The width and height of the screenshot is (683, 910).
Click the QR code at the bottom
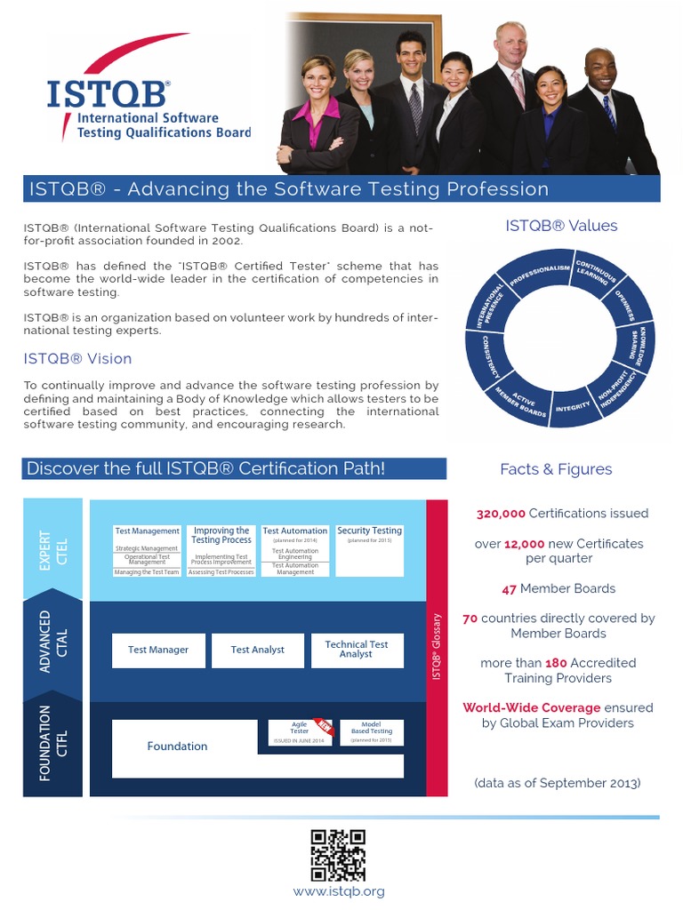pos(338,855)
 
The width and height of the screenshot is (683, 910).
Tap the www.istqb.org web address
pos(339,890)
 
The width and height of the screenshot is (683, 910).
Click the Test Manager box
pos(158,650)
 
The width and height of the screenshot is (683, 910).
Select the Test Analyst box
pos(257,650)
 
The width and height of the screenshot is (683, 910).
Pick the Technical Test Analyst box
pos(357,650)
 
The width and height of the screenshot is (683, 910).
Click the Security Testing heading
pos(369,531)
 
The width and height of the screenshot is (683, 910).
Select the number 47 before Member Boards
pos(510,588)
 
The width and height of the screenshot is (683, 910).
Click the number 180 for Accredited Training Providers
pos(556,663)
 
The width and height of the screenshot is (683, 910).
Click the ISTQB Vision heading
pos(77,359)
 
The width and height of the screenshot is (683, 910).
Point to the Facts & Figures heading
pos(556,469)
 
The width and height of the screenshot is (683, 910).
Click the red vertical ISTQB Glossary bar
pos(438,648)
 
